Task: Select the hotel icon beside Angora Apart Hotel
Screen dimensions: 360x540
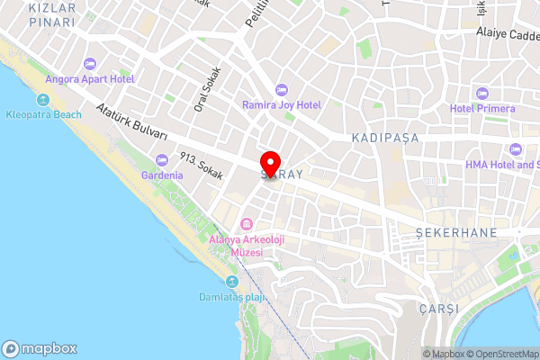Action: [x=89, y=63]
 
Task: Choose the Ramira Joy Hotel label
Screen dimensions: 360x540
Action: [x=281, y=104]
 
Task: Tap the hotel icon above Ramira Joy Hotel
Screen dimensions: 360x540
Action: [x=281, y=89]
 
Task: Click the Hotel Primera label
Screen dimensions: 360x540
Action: [x=482, y=109]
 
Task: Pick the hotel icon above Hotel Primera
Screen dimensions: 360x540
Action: [x=482, y=93]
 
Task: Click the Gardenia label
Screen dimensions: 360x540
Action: [x=162, y=175]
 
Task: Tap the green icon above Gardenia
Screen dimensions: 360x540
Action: [x=162, y=159]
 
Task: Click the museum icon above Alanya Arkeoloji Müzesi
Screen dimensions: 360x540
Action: [x=246, y=224]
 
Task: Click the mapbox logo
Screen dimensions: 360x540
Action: [x=40, y=348]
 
